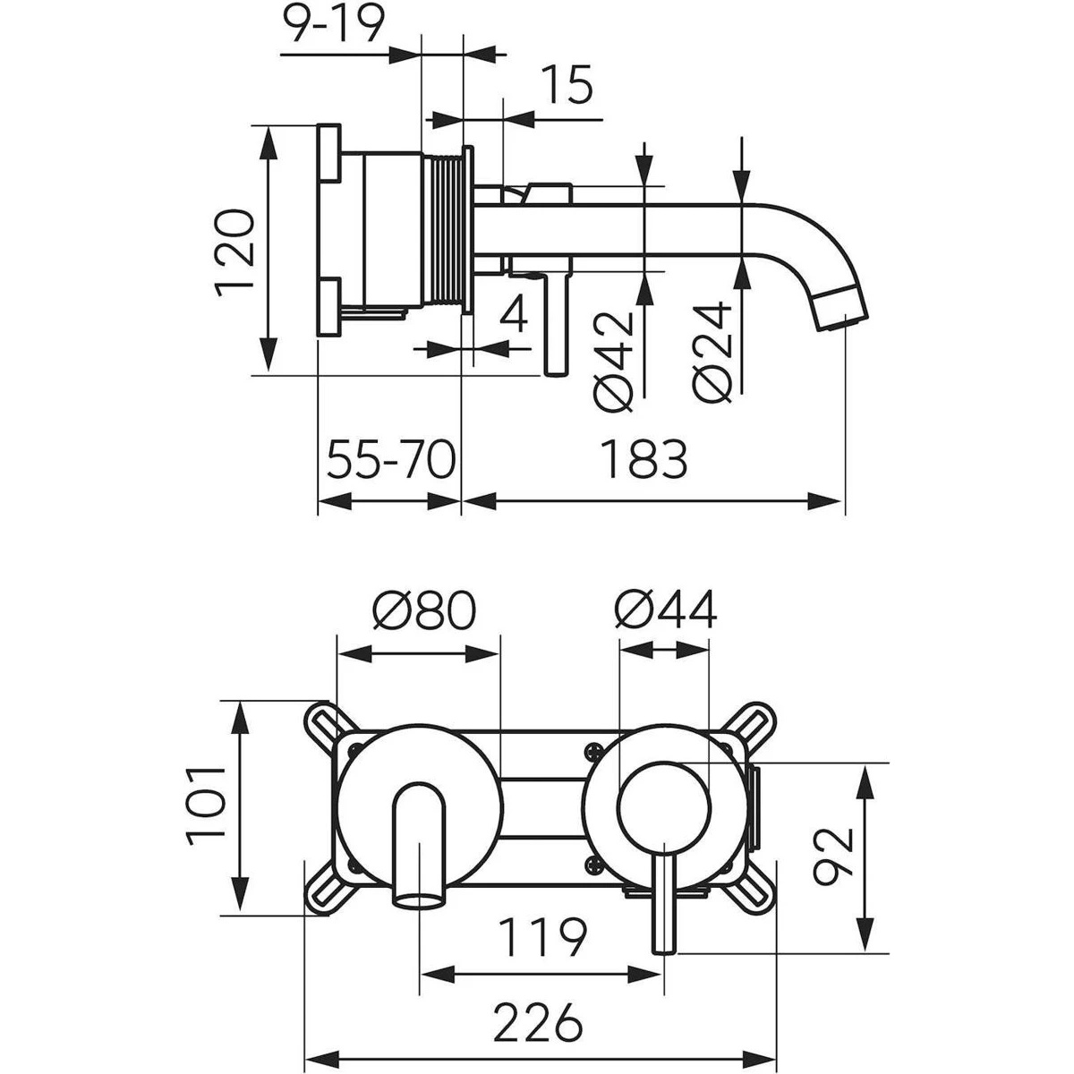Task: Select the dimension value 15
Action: (567, 87)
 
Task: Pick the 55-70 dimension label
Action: (391, 461)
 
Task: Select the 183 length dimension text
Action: (644, 460)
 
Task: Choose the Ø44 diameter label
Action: (666, 612)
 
